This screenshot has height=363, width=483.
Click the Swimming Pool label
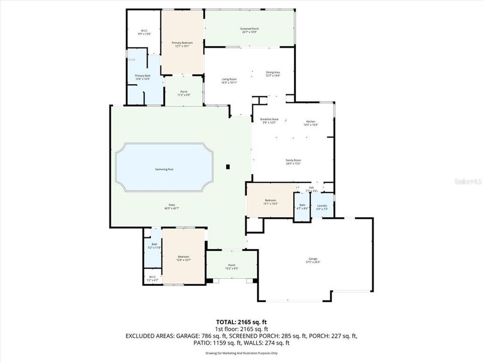point(165,169)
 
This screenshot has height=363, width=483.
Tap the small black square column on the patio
point(228,166)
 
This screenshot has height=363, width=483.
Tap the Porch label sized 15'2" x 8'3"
point(232,267)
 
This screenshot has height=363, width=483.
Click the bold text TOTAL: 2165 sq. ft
point(241,321)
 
